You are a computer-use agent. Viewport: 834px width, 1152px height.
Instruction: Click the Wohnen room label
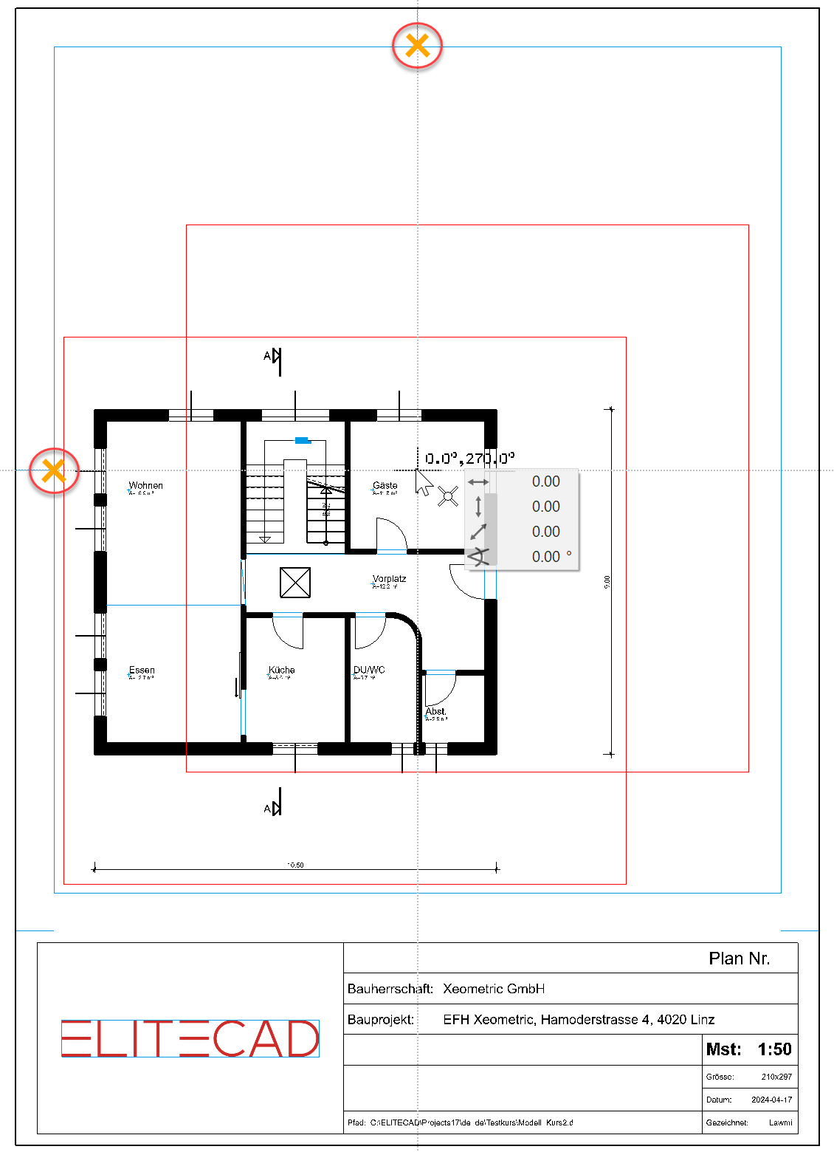click(x=145, y=486)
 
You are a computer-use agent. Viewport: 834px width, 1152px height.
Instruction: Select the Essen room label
click(x=142, y=671)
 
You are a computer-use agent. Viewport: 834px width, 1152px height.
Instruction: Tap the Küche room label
click(x=281, y=671)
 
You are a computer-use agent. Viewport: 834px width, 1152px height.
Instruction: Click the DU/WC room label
click(x=369, y=671)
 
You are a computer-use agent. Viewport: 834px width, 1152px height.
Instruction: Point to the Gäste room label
click(x=385, y=486)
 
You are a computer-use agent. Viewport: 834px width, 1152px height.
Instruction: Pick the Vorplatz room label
click(x=389, y=580)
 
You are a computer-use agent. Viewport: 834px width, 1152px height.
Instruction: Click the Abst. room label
click(x=435, y=712)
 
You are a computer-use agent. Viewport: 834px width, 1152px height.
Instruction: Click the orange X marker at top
click(x=418, y=46)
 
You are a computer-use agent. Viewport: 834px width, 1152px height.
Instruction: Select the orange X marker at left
click(x=54, y=470)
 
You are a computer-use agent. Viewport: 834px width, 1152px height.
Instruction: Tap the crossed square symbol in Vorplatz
click(x=295, y=583)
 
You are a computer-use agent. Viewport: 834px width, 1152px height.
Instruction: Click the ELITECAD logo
click(x=190, y=1038)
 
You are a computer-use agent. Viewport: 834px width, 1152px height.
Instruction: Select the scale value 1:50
click(x=774, y=1049)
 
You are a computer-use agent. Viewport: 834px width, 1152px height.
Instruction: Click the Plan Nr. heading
click(x=739, y=959)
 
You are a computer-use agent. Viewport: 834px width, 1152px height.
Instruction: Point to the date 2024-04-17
click(x=771, y=1100)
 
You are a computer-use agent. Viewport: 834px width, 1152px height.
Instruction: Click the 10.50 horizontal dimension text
click(x=295, y=865)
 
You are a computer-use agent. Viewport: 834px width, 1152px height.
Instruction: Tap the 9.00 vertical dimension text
click(x=607, y=582)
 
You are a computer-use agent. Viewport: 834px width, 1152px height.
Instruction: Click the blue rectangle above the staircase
click(x=302, y=441)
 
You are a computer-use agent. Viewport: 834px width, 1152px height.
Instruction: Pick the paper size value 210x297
click(x=776, y=1077)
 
